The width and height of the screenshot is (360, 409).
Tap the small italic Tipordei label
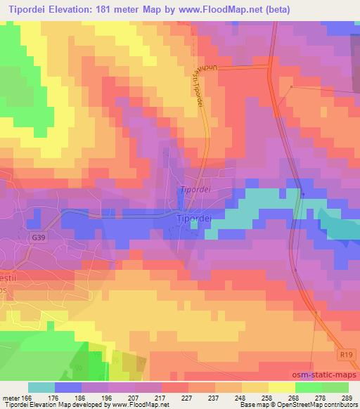coord(195,190)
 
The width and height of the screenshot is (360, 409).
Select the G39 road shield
coord(39,238)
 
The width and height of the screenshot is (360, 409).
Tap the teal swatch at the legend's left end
coord(41,387)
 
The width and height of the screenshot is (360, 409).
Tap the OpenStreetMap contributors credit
coord(320,405)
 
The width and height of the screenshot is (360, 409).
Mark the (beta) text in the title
coord(270,8)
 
